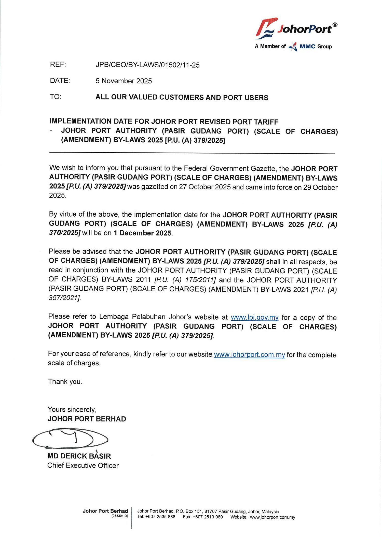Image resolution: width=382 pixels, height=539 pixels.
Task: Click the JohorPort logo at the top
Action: (295, 28)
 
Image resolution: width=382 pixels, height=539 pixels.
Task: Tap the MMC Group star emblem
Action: (293, 47)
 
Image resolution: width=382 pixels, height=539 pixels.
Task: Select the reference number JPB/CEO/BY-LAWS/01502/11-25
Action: (147, 65)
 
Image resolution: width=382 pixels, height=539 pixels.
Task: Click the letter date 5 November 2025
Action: (124, 81)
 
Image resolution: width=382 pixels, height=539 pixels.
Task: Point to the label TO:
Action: (56, 97)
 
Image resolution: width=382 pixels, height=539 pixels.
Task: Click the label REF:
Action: (58, 65)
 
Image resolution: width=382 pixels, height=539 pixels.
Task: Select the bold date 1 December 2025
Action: (143, 233)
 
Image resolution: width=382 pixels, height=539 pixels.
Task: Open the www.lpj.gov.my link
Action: (254, 317)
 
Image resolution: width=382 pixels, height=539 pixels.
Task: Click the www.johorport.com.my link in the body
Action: (249, 354)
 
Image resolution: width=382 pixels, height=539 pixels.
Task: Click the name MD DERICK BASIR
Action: (79, 456)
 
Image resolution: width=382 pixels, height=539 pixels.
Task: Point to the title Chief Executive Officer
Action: (83, 466)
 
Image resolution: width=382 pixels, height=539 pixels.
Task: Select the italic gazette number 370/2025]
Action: (65, 233)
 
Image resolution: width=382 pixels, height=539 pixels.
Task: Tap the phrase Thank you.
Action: (65, 382)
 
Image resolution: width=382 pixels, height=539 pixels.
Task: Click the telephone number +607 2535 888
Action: (160, 517)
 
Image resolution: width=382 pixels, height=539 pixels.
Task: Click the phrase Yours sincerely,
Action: (72, 410)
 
